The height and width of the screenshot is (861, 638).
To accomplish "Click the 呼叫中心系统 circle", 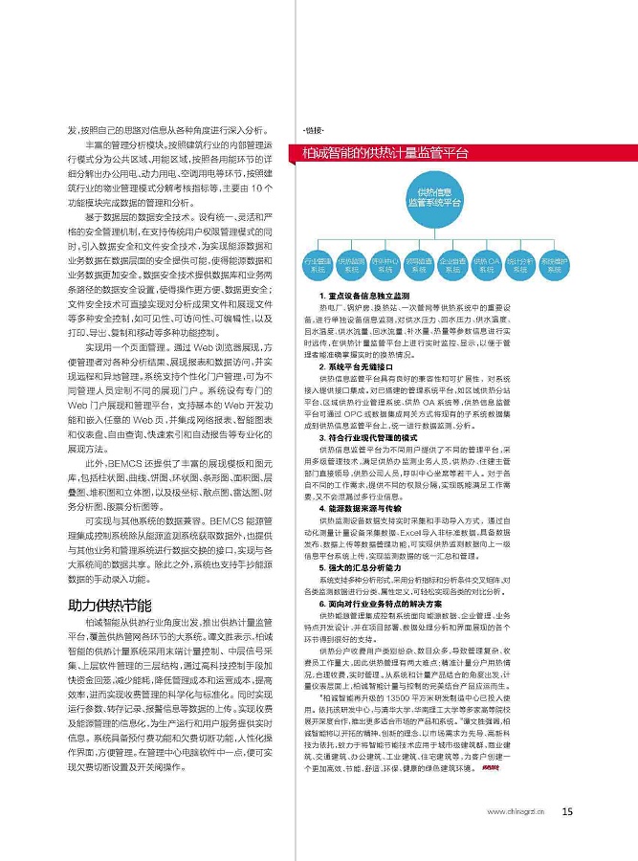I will [385, 265].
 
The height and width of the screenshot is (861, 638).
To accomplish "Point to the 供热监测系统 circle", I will [351, 265].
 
